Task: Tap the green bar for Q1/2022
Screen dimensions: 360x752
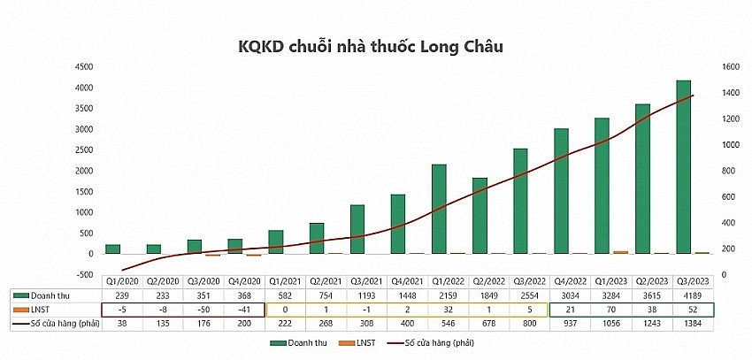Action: point(439,209)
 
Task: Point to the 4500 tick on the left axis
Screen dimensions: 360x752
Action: point(85,66)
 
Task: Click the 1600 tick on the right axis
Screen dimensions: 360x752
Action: point(707,66)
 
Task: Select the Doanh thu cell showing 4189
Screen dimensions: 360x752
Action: point(687,294)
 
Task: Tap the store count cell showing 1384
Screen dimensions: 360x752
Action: point(687,324)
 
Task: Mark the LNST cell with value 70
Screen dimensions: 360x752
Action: point(607,309)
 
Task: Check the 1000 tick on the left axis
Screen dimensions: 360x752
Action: point(85,211)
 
